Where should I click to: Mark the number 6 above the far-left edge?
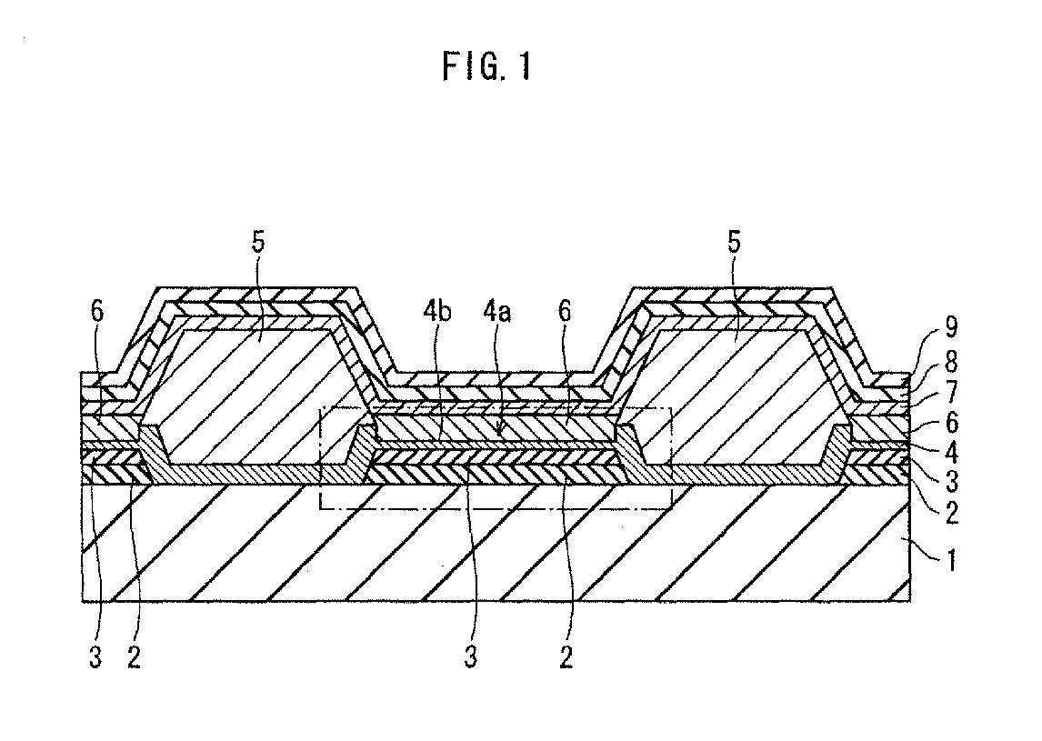pos(97,312)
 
